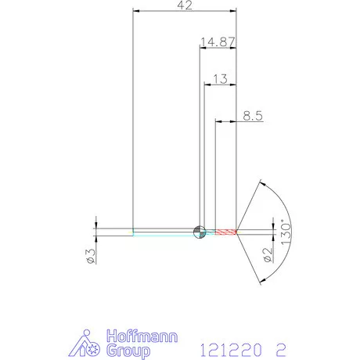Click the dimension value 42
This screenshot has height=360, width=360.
click(x=185, y=6)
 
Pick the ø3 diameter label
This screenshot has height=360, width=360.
click(x=91, y=255)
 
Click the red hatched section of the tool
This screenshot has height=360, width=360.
click(x=225, y=232)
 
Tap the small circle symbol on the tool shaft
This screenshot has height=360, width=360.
click(x=200, y=232)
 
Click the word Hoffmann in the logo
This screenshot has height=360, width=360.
click(x=142, y=337)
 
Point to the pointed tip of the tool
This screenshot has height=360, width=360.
click(x=240, y=232)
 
